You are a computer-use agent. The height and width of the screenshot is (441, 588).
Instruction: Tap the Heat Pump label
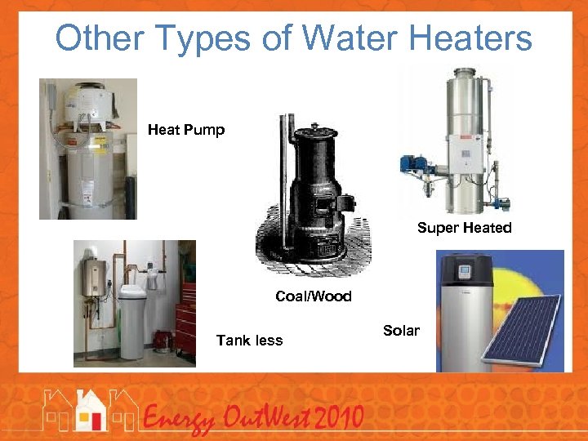click(x=185, y=130)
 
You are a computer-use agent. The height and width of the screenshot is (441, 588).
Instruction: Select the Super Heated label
click(x=464, y=228)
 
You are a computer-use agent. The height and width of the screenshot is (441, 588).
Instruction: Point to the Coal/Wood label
click(x=314, y=296)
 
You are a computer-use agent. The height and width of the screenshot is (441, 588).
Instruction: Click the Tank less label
click(x=249, y=341)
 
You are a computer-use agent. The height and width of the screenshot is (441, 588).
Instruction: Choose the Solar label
click(x=401, y=331)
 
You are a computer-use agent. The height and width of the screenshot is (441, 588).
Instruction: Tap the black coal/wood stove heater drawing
click(x=314, y=192)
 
